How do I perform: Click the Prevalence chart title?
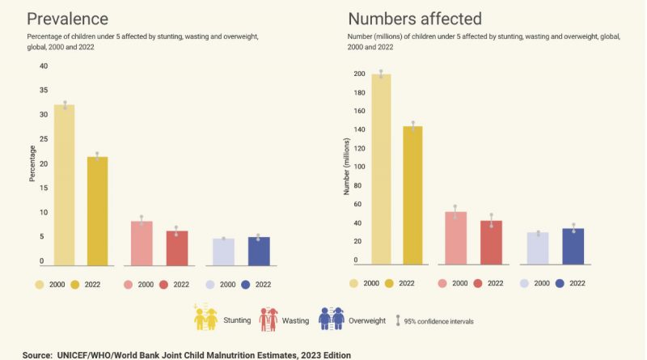coord(70,18)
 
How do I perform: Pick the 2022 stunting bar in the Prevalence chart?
coord(98,210)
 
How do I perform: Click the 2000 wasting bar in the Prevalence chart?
coord(142,243)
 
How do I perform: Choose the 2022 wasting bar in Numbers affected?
coord(491,243)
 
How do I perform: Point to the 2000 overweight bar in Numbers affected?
coord(538,248)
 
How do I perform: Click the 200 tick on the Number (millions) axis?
coord(360,74)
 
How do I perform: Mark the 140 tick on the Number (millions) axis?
coord(360,129)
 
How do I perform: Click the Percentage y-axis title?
coord(33,164)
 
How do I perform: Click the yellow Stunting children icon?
coord(205,320)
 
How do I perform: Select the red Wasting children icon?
coord(269,320)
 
